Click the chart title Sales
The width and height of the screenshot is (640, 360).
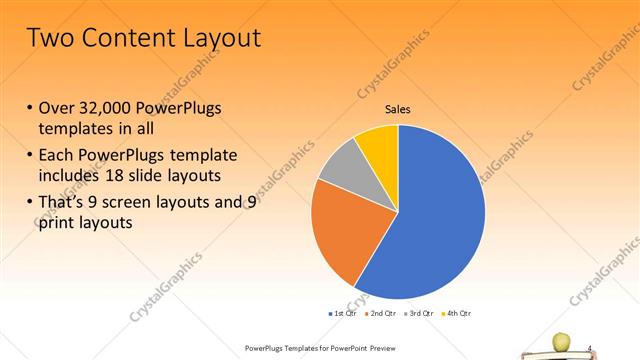(398, 110)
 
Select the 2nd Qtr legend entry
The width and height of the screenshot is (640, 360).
(381, 313)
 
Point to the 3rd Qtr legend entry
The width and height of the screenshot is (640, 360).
(420, 313)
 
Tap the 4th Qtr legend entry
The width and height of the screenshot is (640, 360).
(458, 313)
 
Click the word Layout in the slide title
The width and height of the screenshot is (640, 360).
(215, 38)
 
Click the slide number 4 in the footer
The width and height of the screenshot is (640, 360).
(590, 347)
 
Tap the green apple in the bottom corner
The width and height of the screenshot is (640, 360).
(561, 341)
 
